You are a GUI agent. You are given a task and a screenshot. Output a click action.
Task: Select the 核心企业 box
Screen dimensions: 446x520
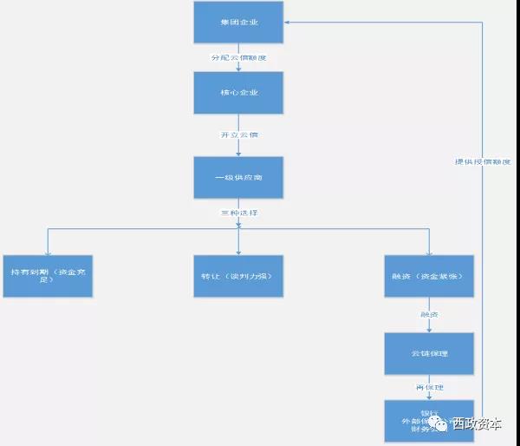238,91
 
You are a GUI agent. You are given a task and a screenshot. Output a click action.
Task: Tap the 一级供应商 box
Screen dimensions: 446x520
238,178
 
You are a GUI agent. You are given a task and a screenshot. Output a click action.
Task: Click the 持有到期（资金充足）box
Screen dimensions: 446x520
47,275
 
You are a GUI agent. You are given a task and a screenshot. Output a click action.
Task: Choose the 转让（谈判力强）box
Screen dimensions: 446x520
238,275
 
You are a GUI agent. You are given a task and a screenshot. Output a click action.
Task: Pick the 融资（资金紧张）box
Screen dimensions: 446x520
430,275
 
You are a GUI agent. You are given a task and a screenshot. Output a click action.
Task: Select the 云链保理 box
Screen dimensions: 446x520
430,353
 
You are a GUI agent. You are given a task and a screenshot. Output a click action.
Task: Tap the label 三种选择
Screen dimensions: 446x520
238,213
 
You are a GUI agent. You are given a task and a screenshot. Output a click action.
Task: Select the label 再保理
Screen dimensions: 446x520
430,387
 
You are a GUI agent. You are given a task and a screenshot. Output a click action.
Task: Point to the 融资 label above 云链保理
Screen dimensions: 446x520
430,314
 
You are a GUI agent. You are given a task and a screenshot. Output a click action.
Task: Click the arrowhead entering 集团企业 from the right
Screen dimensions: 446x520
288,23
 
